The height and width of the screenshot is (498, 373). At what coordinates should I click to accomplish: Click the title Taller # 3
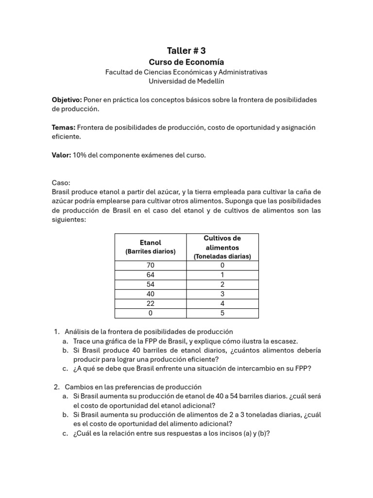(186, 50)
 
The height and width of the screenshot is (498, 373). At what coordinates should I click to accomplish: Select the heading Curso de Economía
(186, 62)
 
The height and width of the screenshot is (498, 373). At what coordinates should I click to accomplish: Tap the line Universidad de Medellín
(186, 81)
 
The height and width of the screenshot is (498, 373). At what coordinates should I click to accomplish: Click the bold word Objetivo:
(67, 100)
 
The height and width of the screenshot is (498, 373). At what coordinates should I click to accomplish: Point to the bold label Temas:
(63, 127)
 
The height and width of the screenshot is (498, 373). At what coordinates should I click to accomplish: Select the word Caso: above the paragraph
(61, 183)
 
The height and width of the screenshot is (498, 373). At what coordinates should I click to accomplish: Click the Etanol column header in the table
(151, 242)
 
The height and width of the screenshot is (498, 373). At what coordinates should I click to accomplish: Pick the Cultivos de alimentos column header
(222, 243)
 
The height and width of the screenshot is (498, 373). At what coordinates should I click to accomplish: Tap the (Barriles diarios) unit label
(151, 251)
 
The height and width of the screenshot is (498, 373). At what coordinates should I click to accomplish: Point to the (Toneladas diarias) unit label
(222, 256)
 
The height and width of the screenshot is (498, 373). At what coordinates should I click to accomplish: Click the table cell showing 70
(151, 266)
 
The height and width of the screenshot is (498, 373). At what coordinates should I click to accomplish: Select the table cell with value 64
(151, 275)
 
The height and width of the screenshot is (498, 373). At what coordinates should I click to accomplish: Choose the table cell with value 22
(151, 303)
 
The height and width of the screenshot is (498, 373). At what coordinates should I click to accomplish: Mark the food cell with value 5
(222, 313)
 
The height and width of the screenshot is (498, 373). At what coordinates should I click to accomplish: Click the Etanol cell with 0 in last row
(151, 313)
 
